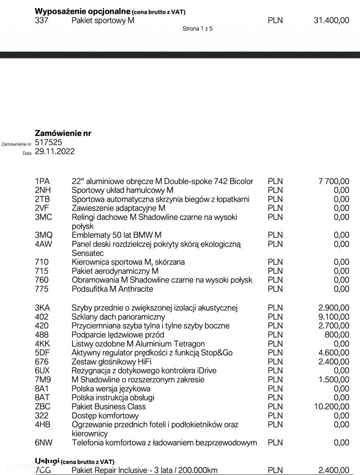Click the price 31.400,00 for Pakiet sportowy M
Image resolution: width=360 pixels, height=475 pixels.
331,20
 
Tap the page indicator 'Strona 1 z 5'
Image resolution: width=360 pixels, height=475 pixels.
197,29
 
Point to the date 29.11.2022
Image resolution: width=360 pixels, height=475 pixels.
55,151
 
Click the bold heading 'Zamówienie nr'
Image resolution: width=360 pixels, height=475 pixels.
63,133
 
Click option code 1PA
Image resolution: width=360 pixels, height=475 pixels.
42,181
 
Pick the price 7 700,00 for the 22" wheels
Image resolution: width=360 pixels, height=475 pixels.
333,181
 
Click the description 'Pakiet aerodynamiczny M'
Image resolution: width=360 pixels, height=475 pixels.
115,271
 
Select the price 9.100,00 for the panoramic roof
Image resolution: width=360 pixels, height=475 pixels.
335,317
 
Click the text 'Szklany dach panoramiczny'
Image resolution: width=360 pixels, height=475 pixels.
118,317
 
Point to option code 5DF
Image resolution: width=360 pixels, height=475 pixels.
42,353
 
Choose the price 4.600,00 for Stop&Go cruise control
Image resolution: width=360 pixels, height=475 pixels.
335,353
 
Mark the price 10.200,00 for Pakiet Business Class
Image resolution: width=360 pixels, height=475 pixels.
332,407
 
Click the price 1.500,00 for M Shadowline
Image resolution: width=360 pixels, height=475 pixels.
335,379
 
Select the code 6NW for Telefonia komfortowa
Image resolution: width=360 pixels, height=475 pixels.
44,443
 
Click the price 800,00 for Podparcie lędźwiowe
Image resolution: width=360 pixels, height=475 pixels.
338,335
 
